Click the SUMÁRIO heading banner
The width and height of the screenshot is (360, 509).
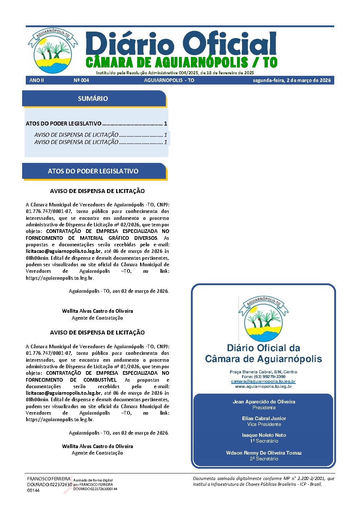coord(93,99)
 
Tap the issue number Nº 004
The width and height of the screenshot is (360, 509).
coord(81,80)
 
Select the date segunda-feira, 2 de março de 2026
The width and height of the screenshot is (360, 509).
coord(292,80)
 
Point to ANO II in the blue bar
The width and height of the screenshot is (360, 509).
coord(37,80)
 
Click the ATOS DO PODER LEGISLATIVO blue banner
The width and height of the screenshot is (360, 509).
coord(93,171)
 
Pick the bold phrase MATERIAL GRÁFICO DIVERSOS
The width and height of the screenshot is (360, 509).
coord(113,238)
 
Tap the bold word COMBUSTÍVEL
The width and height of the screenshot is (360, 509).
coord(100,380)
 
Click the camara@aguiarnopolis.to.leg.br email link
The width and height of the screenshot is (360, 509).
coord(263,382)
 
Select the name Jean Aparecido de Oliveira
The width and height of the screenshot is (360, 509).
coord(264,402)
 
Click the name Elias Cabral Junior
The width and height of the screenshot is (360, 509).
coord(264,418)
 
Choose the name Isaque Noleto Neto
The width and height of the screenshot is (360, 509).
coord(264,435)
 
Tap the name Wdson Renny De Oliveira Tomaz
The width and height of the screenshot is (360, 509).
coord(264,453)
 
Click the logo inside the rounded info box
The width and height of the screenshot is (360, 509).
coord(263,319)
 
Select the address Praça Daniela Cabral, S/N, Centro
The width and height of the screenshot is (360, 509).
coord(263,372)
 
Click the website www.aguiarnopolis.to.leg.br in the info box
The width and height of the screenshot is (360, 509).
coord(263,387)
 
